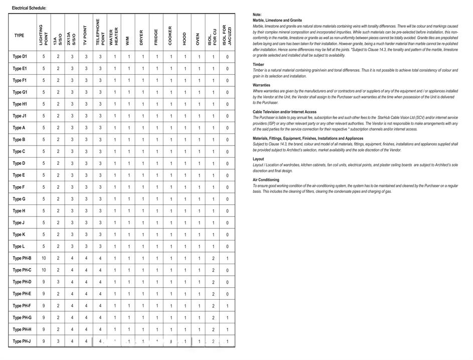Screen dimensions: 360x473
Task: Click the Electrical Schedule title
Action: click(x=29, y=8)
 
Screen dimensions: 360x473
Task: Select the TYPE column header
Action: click(x=19, y=36)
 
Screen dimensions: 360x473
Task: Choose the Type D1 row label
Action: click(x=20, y=57)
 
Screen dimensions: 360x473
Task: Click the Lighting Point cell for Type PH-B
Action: click(x=44, y=258)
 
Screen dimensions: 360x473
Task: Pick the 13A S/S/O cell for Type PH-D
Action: click(x=58, y=282)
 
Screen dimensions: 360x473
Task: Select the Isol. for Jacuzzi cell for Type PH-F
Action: click(x=227, y=306)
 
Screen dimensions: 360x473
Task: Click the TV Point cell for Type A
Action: click(x=86, y=128)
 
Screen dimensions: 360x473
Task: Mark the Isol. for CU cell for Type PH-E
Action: click(x=213, y=294)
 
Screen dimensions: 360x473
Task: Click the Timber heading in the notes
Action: click(x=259, y=65)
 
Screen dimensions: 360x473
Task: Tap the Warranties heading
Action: click(x=262, y=85)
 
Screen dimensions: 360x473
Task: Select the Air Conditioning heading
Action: click(x=266, y=180)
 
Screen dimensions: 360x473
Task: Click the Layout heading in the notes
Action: click(x=258, y=159)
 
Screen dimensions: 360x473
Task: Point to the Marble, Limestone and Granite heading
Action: click(x=277, y=21)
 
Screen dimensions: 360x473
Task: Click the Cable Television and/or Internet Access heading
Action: click(x=284, y=112)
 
